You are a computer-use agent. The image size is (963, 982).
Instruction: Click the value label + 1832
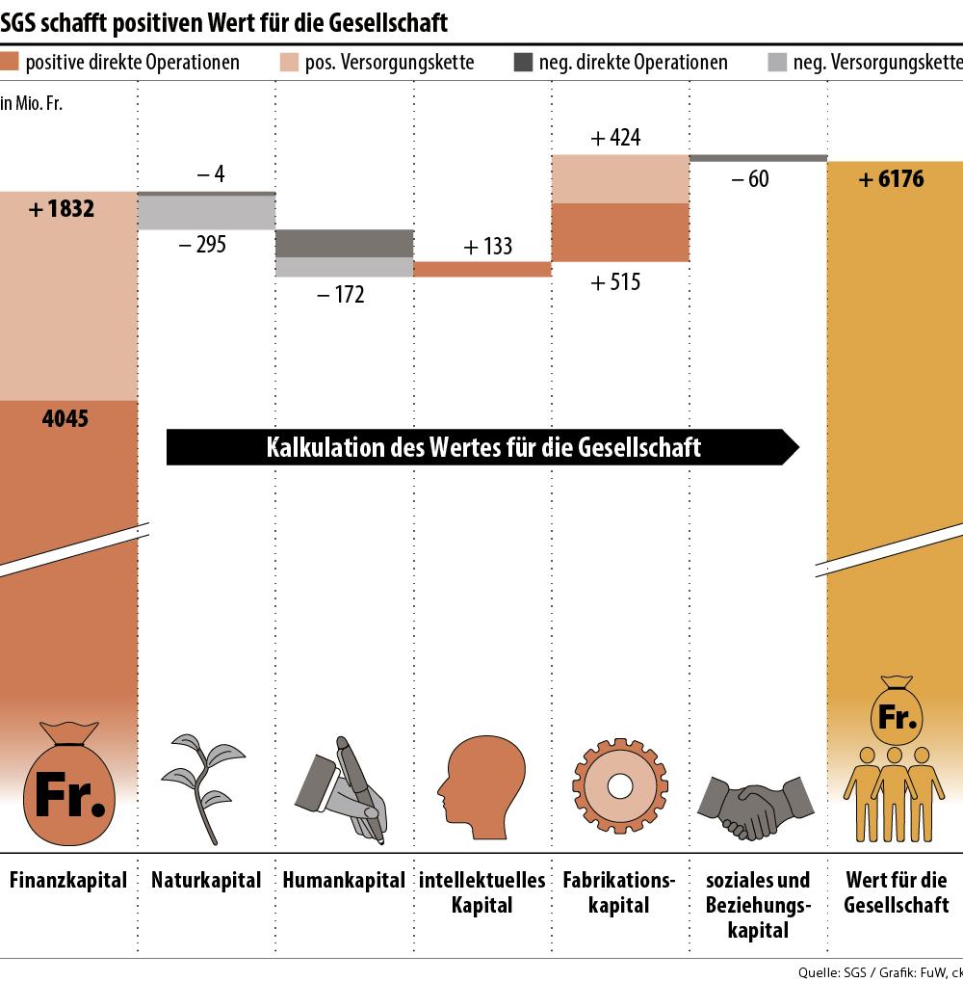coord(62,208)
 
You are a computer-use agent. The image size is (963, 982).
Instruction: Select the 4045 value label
coord(65,419)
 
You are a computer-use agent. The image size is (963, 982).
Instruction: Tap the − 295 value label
coord(202,245)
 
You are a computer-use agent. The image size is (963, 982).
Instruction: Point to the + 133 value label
coord(487,247)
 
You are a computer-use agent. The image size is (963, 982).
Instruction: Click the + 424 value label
coord(615,138)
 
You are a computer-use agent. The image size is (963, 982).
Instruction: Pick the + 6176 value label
coord(891,179)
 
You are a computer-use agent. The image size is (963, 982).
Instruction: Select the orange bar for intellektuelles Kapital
coord(482,269)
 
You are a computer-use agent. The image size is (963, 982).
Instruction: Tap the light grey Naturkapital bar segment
coord(207,213)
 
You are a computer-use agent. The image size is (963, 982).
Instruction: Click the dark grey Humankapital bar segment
coord(345,243)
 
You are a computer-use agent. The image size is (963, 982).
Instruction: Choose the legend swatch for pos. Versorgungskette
coord(289,64)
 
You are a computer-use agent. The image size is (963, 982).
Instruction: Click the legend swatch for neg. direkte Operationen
coord(523,64)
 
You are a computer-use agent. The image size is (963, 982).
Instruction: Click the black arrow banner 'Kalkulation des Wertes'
coord(482,447)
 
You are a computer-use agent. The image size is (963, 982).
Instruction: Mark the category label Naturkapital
coord(206,880)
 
